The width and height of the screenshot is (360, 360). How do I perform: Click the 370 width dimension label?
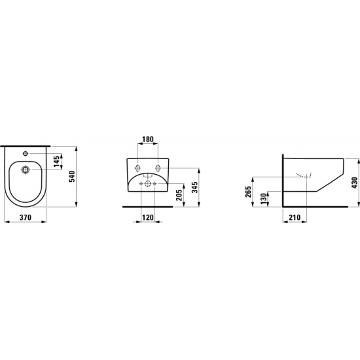26,217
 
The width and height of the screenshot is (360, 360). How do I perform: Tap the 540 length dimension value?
72,176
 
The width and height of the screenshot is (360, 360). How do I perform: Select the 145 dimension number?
57,161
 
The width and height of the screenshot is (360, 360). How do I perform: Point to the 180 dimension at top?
147,139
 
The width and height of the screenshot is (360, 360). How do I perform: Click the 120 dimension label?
148,217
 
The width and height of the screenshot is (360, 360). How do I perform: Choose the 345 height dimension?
194,188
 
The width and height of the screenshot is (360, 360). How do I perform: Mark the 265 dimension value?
248,192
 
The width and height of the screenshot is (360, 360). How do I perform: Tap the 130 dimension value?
264,199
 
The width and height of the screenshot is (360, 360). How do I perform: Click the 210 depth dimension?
294,217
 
